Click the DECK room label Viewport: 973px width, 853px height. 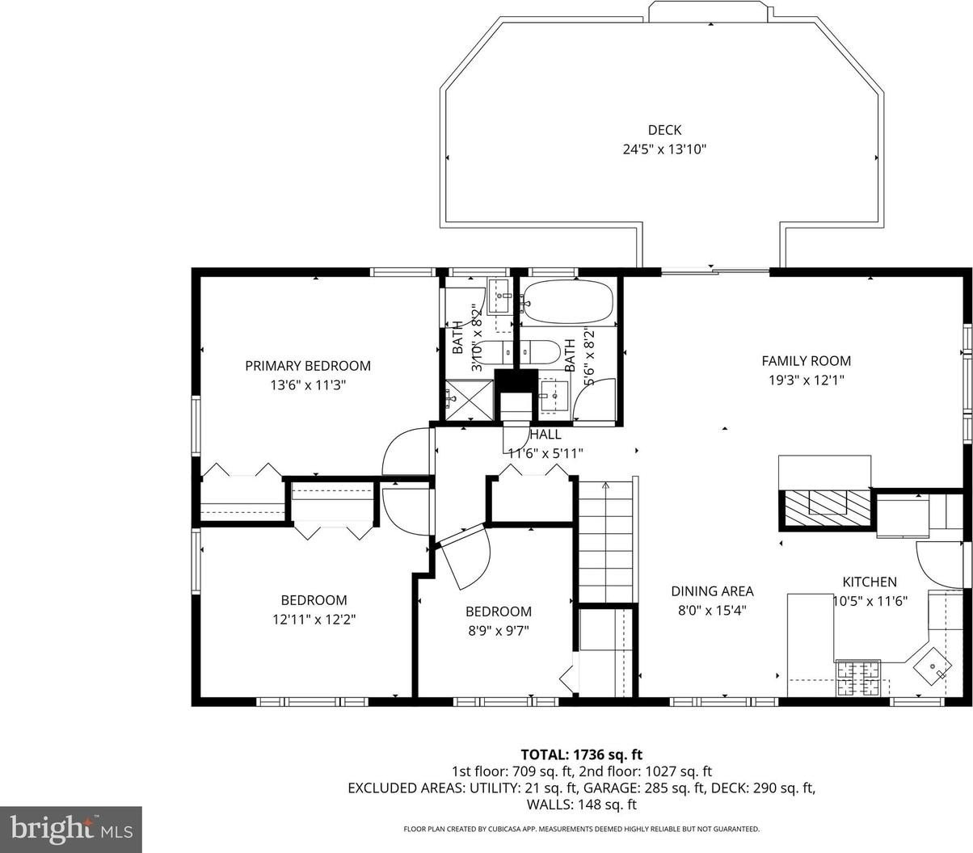[x=664, y=130]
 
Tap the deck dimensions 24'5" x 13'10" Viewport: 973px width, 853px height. [x=664, y=149]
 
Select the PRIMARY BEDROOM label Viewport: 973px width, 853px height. [x=308, y=366]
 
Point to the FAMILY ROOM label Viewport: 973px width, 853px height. [x=807, y=361]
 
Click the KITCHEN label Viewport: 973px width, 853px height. [x=870, y=582]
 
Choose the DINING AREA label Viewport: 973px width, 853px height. [x=712, y=591]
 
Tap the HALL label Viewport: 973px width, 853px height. [x=545, y=435]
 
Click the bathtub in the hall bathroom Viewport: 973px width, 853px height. [x=568, y=303]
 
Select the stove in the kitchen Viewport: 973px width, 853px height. [x=858, y=679]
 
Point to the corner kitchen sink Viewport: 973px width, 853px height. [x=932, y=666]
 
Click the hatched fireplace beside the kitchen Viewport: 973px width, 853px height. [x=824, y=508]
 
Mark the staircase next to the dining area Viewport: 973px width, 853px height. [x=605, y=541]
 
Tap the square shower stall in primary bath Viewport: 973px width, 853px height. [x=470, y=399]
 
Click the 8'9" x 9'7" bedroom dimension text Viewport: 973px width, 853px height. [x=499, y=630]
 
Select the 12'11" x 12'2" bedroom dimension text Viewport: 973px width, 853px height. [x=314, y=620]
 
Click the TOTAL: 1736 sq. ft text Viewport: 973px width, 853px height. [x=582, y=754]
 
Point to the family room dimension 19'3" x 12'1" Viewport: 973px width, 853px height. [x=807, y=380]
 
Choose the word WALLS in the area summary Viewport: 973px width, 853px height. [x=548, y=805]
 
